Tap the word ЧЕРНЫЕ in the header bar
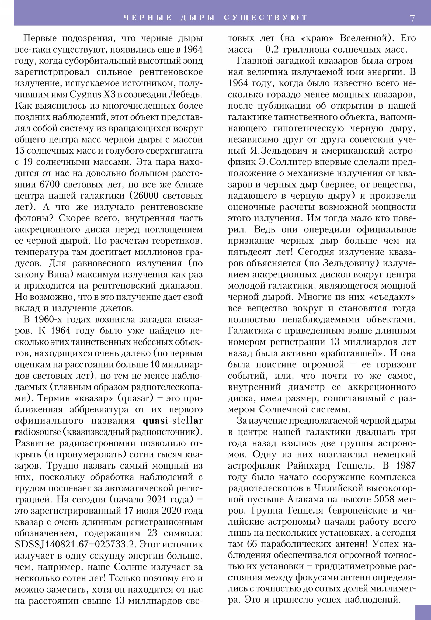coord(148,18)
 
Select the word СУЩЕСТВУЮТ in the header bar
coord(266,18)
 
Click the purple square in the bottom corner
coord(423,612)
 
